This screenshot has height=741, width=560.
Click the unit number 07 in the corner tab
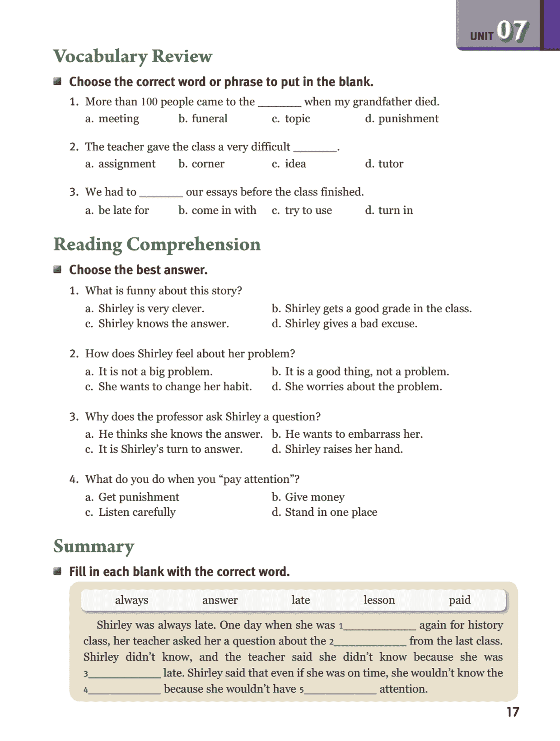(x=512, y=32)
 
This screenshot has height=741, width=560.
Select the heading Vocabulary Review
(x=133, y=56)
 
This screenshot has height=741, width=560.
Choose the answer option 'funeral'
(x=209, y=119)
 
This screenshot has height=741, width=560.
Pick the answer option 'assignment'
(x=126, y=164)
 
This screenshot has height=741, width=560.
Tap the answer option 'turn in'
(x=395, y=210)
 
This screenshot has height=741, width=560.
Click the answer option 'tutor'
(x=391, y=164)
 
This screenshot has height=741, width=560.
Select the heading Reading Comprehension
(x=157, y=244)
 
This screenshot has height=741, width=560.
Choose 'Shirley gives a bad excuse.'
(x=351, y=324)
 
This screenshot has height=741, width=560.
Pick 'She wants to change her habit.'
(x=175, y=387)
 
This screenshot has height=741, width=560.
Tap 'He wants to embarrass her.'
(x=354, y=434)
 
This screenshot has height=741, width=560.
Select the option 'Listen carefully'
(x=137, y=512)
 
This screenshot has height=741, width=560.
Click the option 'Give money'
(x=314, y=497)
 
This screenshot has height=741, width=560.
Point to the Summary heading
(x=93, y=546)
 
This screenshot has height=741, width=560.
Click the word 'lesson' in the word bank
(x=379, y=600)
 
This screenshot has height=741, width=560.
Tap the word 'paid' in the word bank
(x=459, y=600)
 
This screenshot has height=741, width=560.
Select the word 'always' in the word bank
(x=131, y=600)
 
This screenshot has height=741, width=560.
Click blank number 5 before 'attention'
(x=341, y=689)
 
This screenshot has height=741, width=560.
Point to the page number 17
(x=513, y=712)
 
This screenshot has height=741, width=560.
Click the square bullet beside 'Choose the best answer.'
(x=57, y=269)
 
